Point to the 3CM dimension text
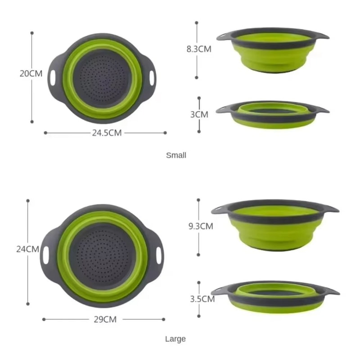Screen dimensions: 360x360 pyautogui.click(x=199, y=114)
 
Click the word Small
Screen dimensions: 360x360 pyautogui.click(x=176, y=155)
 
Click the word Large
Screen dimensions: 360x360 pyautogui.click(x=175, y=339)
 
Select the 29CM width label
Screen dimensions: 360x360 pyautogui.click(x=104, y=319)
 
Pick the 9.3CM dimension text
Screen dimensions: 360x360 pyautogui.click(x=200, y=226)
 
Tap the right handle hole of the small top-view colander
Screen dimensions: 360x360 pyautogui.click(x=152, y=76)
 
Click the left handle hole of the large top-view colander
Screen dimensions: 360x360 pyautogui.click(x=46, y=255)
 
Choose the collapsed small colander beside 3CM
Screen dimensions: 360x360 pyautogui.click(x=272, y=115)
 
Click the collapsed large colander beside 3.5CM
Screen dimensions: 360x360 pyautogui.click(x=275, y=296)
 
